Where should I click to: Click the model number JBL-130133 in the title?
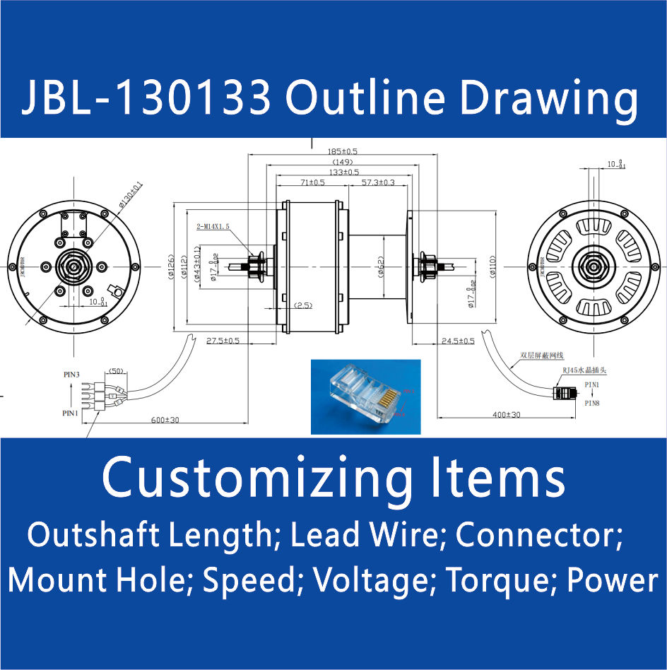pos(147,99)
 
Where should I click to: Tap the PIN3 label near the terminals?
pos(71,374)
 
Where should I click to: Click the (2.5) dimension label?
pos(304,305)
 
